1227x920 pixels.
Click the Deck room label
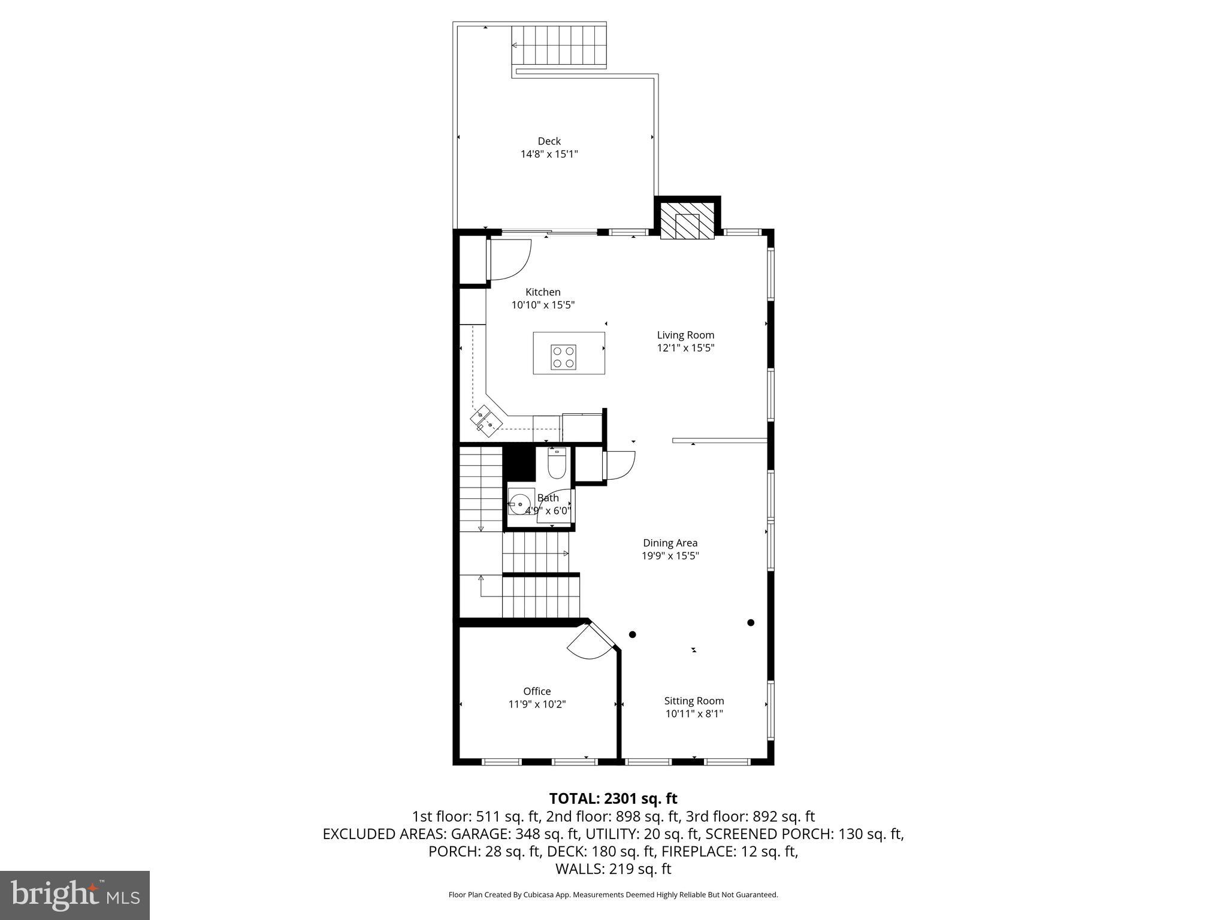point(549,141)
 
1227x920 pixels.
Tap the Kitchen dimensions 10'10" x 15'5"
point(543,305)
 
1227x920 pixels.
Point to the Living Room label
point(685,335)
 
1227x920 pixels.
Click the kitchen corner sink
point(485,419)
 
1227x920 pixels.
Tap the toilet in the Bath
point(557,464)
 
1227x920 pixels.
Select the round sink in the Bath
point(519,501)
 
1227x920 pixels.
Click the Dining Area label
point(670,543)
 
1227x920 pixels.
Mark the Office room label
point(537,691)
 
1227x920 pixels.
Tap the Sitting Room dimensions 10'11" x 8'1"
point(694,714)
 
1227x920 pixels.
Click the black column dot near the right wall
point(751,622)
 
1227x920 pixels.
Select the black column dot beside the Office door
point(632,634)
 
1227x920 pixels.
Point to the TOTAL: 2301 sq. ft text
point(613,798)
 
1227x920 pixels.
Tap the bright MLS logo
point(75,895)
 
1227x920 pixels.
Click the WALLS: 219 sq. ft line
point(613,869)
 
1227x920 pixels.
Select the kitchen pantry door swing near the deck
point(510,259)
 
